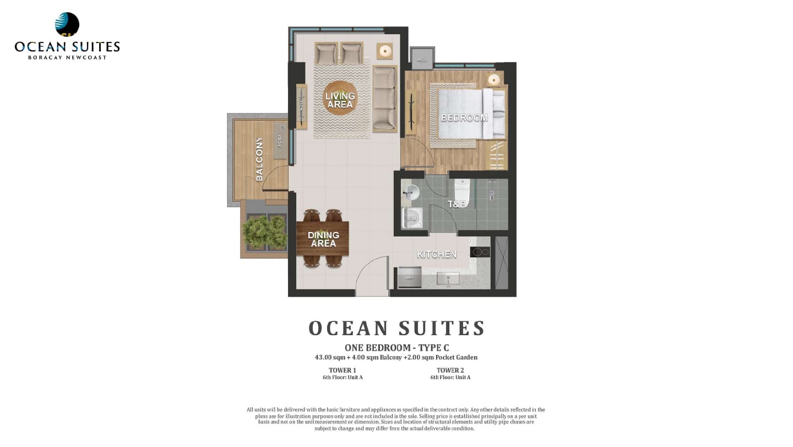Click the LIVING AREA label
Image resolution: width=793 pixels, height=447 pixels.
(340, 100)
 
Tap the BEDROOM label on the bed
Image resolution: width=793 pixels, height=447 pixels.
(464, 117)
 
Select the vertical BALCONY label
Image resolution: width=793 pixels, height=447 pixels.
(259, 159)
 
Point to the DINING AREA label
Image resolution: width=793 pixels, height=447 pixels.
(323, 239)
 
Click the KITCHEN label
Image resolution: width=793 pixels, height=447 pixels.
(437, 254)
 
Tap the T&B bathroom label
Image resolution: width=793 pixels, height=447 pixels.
(457, 204)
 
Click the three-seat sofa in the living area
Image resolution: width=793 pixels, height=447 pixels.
(384, 99)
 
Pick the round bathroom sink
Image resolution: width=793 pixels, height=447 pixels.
(411, 192)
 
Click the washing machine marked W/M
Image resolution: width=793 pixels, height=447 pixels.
(411, 218)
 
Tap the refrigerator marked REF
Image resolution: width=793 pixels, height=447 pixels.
(410, 277)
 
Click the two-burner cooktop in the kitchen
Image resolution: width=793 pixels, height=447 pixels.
(480, 252)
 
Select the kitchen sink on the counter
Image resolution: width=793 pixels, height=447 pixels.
(448, 278)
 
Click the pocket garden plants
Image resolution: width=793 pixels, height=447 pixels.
(265, 231)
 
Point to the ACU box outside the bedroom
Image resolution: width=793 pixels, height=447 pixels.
(422, 58)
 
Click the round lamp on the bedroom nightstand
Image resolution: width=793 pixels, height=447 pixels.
(494, 79)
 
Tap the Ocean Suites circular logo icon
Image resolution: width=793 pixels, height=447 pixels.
(67, 24)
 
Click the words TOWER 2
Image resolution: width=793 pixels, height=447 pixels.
(450, 370)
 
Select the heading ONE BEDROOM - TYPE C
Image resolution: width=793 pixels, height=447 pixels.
(397, 347)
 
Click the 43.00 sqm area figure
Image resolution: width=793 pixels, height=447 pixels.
(329, 357)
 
